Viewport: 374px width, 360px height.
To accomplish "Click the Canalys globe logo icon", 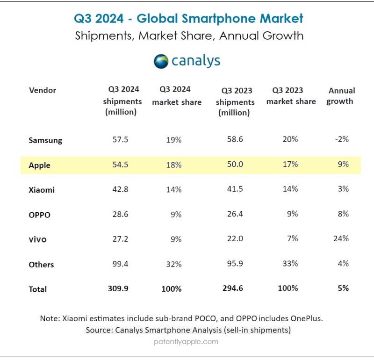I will (x=161, y=61).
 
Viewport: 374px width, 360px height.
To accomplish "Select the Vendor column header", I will (x=43, y=90).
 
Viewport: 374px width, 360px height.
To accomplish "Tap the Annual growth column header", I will (x=341, y=95).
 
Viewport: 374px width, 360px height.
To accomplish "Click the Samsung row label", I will (x=45, y=140).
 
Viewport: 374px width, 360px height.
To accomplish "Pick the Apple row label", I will (x=39, y=165).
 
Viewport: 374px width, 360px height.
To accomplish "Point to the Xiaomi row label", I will (x=42, y=190).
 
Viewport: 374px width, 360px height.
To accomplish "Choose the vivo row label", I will (x=37, y=239).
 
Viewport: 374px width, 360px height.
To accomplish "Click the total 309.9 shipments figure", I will (x=123, y=288).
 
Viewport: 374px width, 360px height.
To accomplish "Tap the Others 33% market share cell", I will (x=290, y=263).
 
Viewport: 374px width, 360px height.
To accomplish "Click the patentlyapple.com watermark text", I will (x=186, y=341).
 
